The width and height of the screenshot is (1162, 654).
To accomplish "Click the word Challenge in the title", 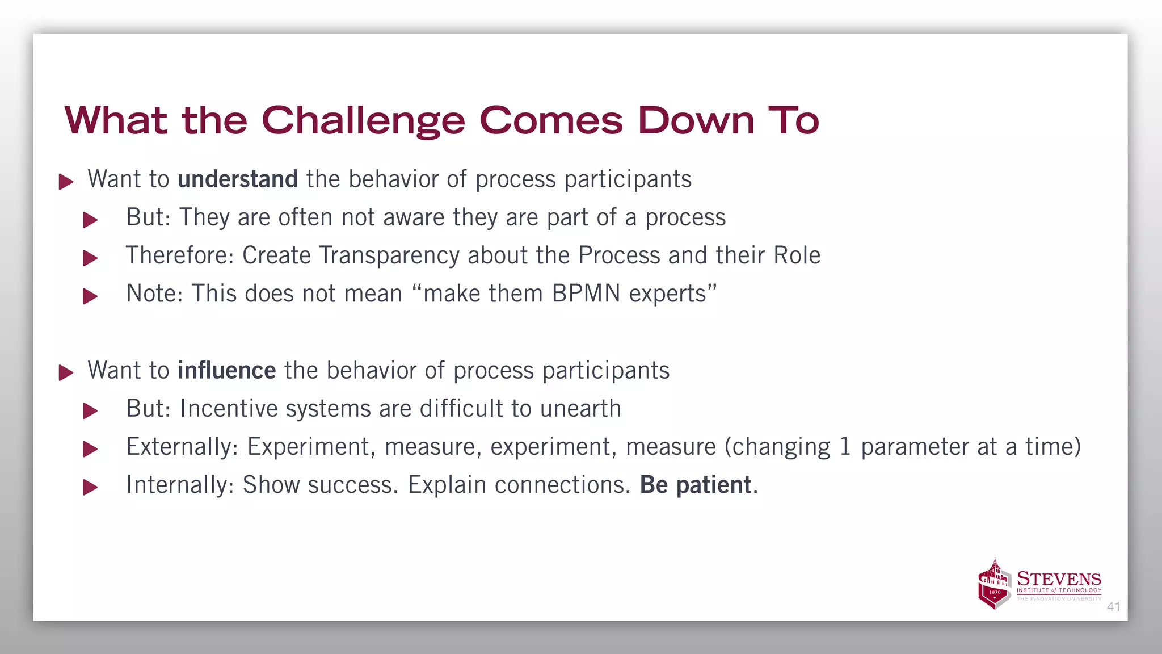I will pyautogui.click(x=363, y=121).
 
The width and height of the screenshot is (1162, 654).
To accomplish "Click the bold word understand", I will pyautogui.click(x=238, y=179).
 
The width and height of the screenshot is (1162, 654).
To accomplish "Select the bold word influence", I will pyautogui.click(x=227, y=371).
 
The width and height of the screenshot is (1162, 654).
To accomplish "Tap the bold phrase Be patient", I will pyautogui.click(x=696, y=485).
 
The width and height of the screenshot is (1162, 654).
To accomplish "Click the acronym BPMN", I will pyautogui.click(x=586, y=294).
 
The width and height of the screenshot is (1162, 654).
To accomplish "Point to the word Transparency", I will pyautogui.click(x=389, y=256).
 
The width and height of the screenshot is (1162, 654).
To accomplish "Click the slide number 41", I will pyautogui.click(x=1113, y=607).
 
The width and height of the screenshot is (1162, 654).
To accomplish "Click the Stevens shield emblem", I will pyautogui.click(x=995, y=585).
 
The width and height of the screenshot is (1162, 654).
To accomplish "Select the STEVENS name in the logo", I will pyautogui.click(x=1059, y=579).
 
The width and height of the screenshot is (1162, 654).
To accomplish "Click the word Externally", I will pyautogui.click(x=182, y=447).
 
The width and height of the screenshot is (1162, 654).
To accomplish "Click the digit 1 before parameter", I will pyautogui.click(x=845, y=447).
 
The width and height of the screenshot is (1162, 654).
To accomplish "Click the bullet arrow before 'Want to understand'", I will pyautogui.click(x=66, y=182).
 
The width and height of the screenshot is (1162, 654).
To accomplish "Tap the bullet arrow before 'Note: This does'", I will pyautogui.click(x=90, y=296).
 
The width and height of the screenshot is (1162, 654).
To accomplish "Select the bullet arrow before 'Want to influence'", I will pyautogui.click(x=66, y=373).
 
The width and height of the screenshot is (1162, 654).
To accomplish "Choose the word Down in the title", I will pyautogui.click(x=696, y=121).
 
